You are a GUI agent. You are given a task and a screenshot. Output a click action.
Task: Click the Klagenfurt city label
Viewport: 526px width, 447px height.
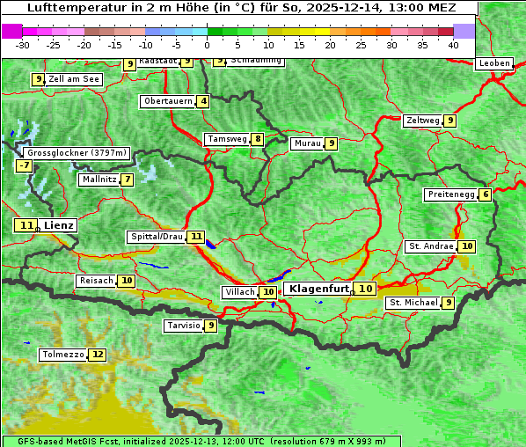318,289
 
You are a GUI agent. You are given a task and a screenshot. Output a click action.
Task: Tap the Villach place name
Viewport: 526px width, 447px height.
240,292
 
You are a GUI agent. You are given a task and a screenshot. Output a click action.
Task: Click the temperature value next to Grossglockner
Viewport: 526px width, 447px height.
24,165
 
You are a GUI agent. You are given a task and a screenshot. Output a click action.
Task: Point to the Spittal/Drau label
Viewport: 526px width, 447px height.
157,237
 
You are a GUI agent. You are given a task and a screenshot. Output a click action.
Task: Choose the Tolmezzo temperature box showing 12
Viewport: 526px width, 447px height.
97,355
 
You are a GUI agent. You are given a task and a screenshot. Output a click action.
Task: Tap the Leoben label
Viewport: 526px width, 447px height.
493,63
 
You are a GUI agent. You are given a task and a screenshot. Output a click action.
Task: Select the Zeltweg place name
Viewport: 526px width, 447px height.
422,121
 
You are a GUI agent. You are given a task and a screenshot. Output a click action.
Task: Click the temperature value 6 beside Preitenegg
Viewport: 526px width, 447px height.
486,194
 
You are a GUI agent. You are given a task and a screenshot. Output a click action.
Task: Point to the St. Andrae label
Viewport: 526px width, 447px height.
430,246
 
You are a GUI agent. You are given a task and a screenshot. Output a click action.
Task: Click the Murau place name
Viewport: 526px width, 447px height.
307,143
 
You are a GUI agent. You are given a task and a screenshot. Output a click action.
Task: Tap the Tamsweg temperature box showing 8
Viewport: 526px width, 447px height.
257,139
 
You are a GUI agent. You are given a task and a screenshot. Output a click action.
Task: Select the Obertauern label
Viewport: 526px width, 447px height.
168,101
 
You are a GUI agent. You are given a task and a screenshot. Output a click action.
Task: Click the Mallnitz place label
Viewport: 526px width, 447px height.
99,180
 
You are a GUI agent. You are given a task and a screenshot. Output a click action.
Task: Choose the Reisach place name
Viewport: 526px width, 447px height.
96,281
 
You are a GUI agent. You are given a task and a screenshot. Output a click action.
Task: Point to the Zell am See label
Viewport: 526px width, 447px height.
74,79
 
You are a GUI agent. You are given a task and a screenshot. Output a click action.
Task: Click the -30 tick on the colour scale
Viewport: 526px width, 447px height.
24,44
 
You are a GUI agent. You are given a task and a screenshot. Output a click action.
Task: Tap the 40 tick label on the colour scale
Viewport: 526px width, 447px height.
452,44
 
